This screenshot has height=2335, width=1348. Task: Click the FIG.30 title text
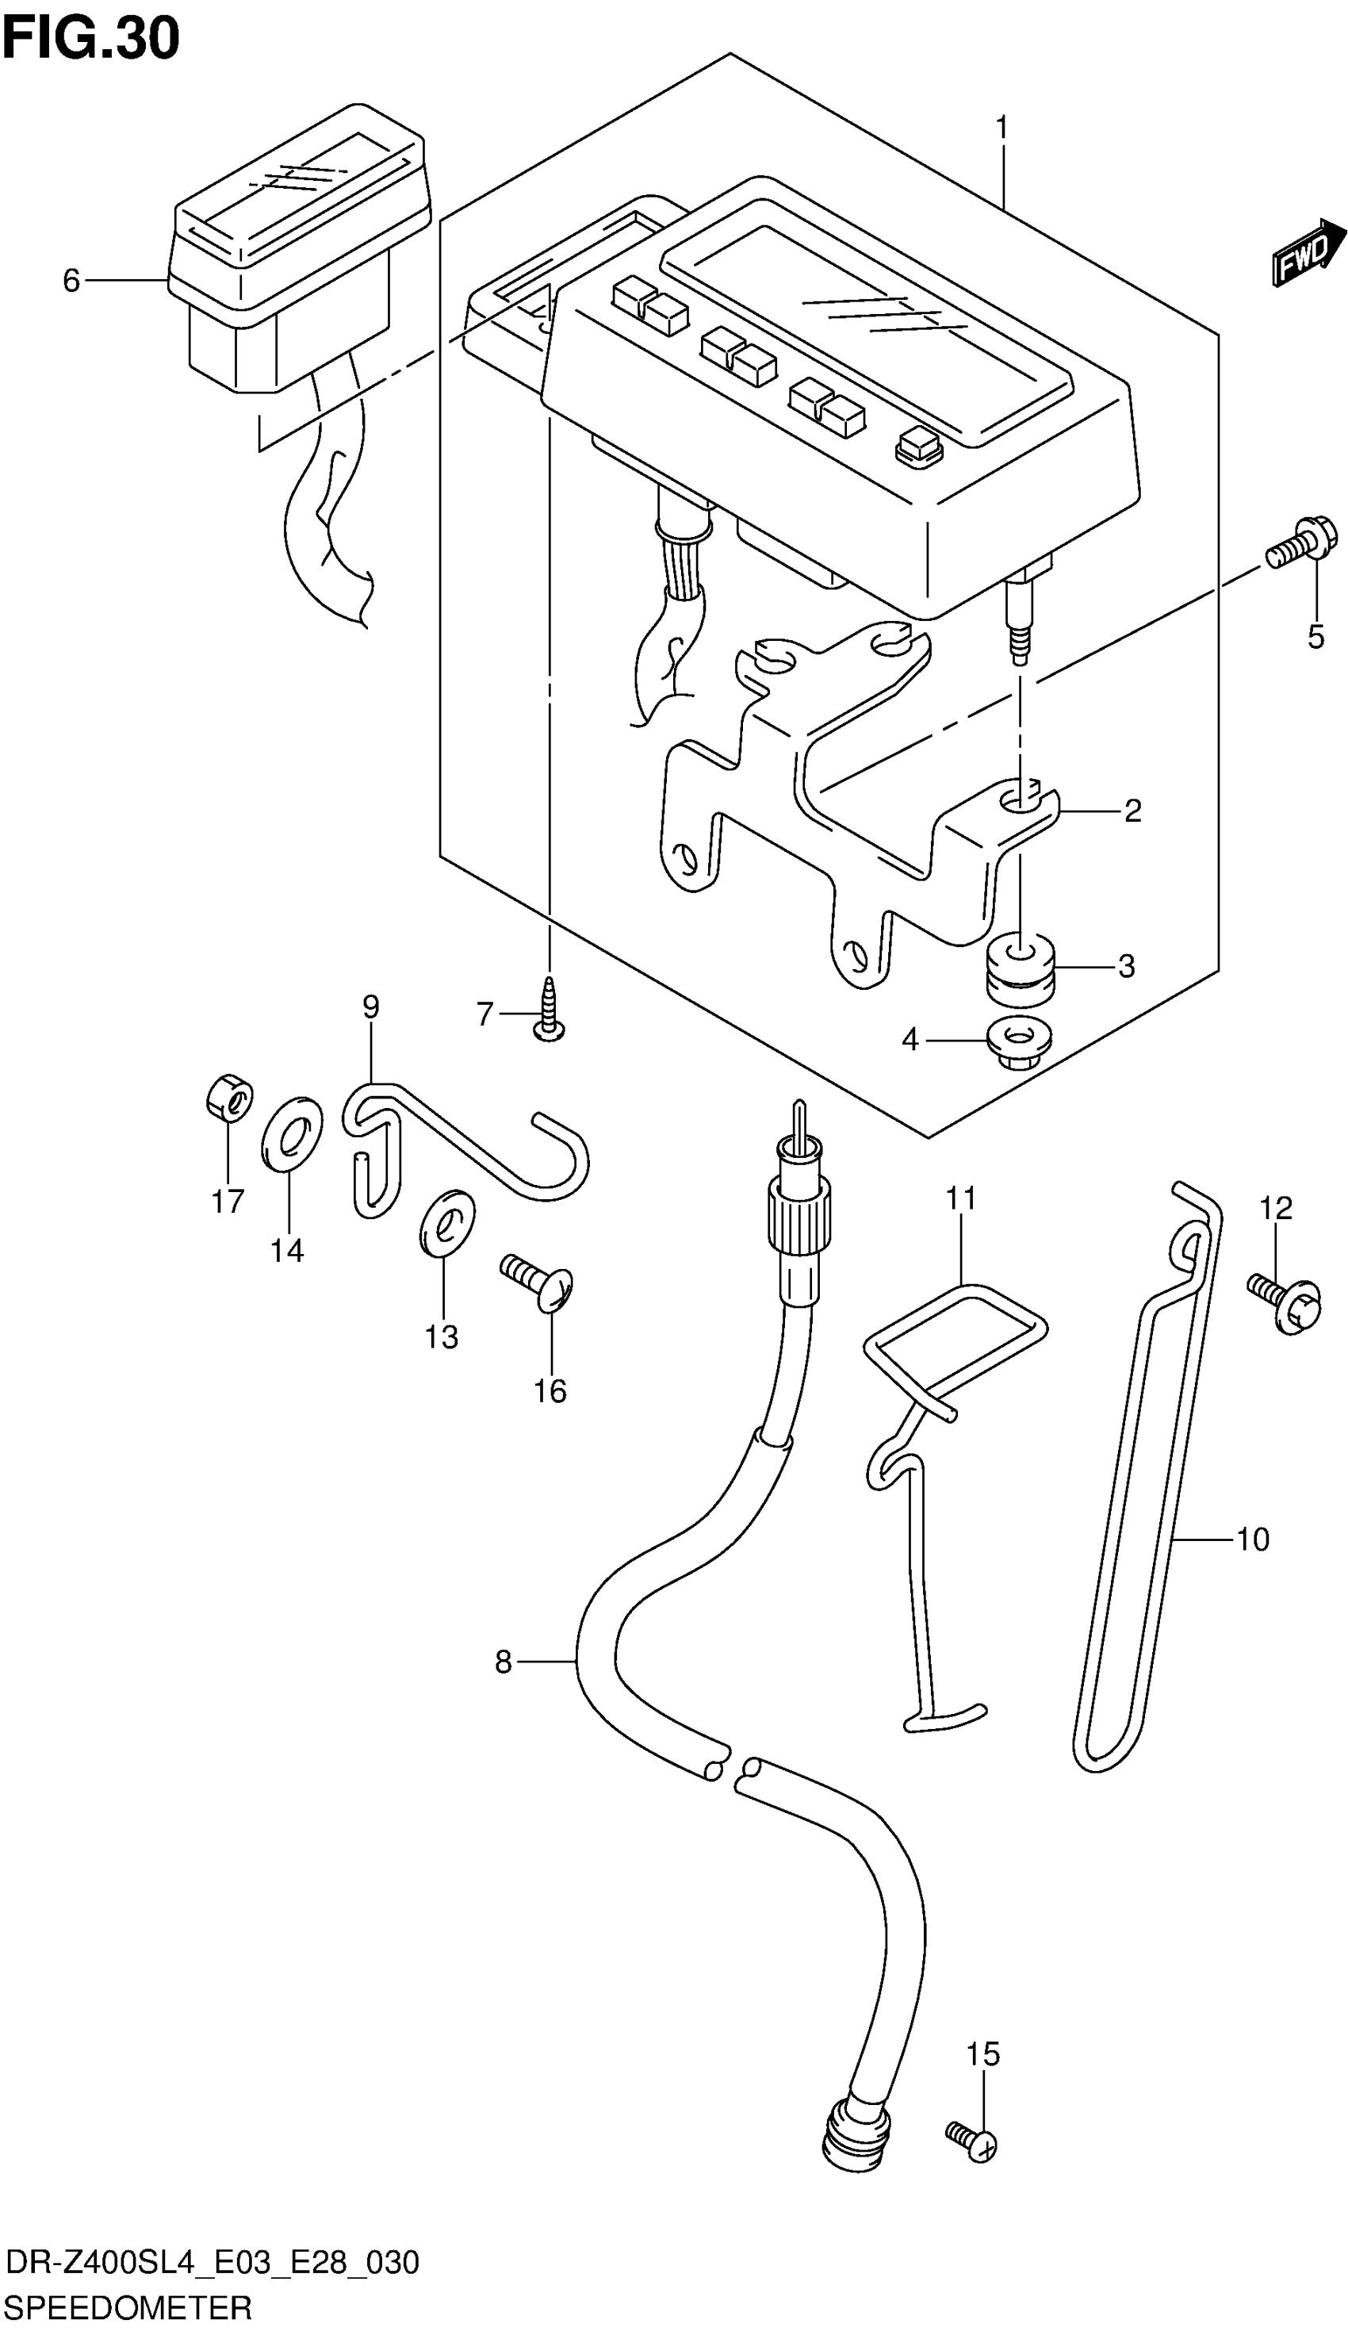[x=90, y=39]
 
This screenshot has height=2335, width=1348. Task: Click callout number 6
[x=71, y=280]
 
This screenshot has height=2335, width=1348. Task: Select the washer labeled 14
[x=292, y=1133]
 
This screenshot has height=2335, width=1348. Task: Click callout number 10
[x=1252, y=1539]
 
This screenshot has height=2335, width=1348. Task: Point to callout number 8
[x=503, y=1663]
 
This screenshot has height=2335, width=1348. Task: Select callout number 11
[x=961, y=1198]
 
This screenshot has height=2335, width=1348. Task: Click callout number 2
[x=1132, y=811]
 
